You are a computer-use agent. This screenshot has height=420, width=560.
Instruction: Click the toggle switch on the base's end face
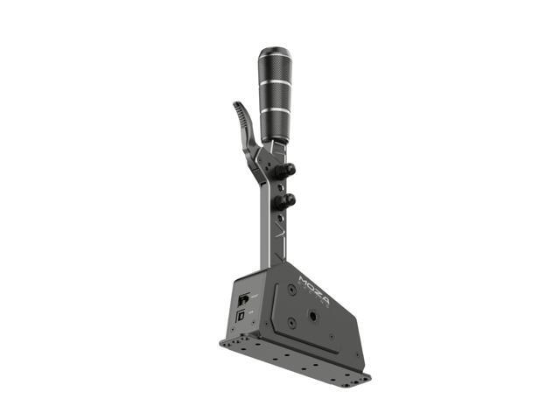(x=242, y=299)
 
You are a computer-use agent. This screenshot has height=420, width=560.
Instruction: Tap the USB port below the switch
(x=241, y=312)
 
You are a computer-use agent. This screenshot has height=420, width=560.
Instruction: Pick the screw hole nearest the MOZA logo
(x=290, y=289)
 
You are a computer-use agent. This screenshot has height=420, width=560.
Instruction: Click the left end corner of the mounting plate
(x=222, y=339)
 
